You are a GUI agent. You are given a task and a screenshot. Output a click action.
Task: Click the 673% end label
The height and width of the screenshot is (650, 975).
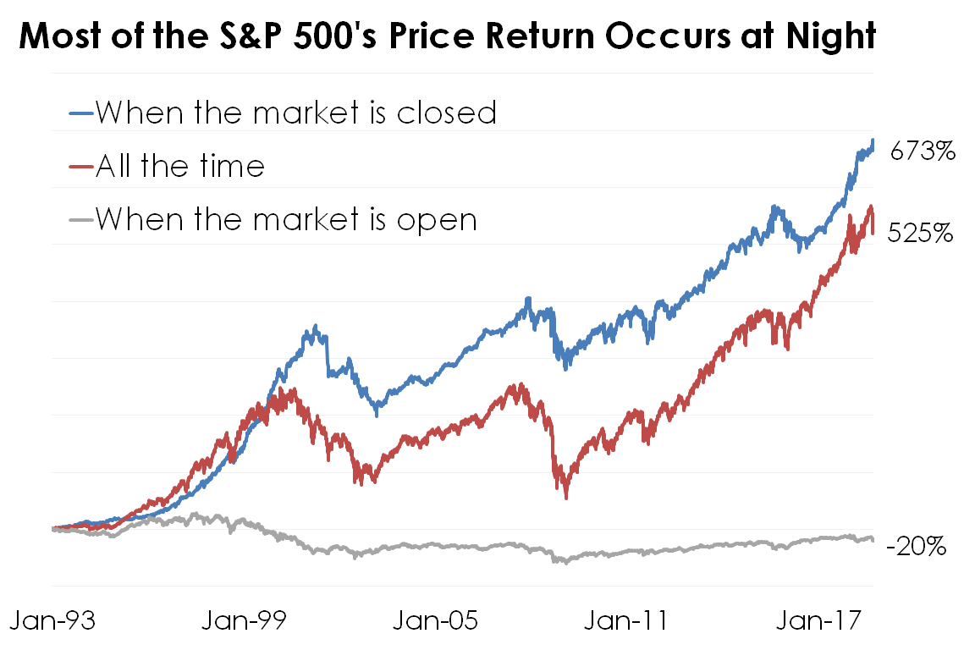(923, 152)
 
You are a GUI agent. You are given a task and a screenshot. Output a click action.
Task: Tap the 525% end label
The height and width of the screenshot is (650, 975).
(921, 234)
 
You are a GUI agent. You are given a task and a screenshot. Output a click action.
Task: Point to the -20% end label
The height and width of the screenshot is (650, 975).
(916, 547)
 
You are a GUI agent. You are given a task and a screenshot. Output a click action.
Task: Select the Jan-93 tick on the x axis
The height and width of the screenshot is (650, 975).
(52, 620)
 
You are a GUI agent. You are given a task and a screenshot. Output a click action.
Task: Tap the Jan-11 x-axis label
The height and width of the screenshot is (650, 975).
(627, 620)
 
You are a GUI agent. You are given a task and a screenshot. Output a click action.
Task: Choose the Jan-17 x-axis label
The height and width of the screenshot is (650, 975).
(817, 620)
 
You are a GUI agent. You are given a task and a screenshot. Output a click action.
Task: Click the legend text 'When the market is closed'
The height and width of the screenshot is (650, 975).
(295, 112)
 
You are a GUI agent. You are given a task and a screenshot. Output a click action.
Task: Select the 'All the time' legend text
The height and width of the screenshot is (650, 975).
(179, 166)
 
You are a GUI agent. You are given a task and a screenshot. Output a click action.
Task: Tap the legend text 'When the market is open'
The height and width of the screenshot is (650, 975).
(286, 219)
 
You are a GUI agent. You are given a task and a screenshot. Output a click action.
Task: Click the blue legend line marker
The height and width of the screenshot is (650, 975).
(80, 113)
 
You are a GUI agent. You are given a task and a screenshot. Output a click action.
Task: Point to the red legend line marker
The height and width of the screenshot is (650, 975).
(80, 167)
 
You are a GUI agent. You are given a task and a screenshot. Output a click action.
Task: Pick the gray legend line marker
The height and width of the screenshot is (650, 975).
(80, 220)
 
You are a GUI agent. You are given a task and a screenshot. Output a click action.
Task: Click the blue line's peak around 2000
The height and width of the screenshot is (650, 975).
(315, 326)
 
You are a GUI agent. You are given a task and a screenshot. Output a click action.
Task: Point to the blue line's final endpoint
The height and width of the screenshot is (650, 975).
(873, 140)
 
